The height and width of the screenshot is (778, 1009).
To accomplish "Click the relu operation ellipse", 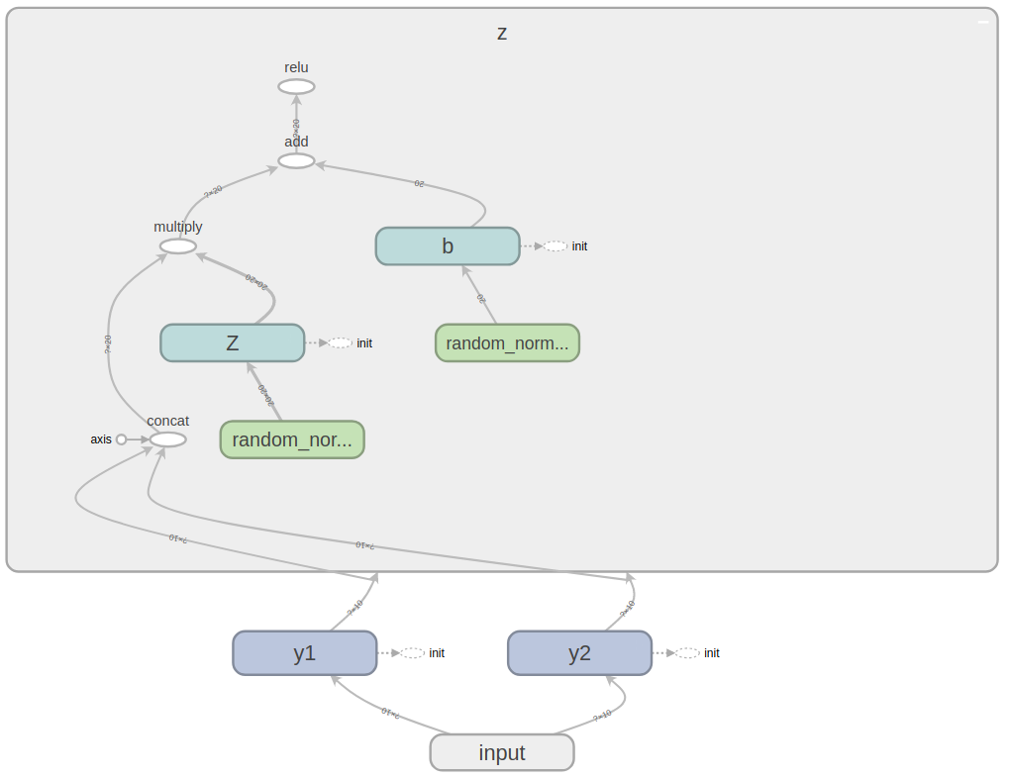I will point(296,87).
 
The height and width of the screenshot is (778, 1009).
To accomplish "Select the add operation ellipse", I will point(296,160).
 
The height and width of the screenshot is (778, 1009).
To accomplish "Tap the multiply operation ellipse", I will point(178,246).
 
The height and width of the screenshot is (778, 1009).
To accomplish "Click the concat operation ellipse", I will point(168,439).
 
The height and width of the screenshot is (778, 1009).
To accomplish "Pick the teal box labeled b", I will point(448,246).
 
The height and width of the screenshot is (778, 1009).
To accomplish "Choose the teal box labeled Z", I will point(233,342).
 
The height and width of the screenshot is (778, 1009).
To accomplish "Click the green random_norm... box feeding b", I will point(507,343).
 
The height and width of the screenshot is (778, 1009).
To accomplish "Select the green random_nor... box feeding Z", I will point(292,439).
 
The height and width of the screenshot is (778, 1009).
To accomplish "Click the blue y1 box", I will point(305,653).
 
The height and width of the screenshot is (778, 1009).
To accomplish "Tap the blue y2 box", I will point(579,653).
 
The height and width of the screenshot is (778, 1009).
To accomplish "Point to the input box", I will point(502,752).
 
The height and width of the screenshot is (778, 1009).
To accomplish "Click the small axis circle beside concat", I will point(122,439).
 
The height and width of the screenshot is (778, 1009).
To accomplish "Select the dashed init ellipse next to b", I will point(555,246).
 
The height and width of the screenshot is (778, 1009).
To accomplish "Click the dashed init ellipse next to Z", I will point(341,343).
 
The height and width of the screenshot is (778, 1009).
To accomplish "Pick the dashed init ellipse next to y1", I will point(413,653).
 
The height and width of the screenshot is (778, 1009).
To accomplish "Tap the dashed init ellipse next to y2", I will point(687,653).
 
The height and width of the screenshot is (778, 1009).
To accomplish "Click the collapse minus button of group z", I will point(983,22).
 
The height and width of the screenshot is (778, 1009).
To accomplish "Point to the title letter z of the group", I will point(502,33).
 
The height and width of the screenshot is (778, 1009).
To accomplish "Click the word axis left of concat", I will point(101,439).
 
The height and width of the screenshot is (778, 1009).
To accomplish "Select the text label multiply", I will point(178,227).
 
